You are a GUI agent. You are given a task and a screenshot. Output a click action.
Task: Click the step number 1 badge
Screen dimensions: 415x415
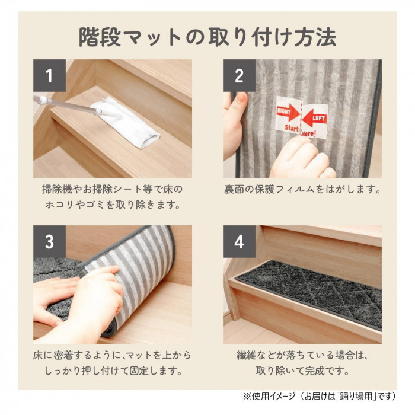tap(49, 75)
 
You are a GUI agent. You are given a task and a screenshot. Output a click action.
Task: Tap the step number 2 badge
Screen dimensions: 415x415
tap(239, 75)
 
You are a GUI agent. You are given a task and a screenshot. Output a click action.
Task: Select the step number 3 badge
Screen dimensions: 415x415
tap(49, 242)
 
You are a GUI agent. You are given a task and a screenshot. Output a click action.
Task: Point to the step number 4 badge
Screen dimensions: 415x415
tap(239, 242)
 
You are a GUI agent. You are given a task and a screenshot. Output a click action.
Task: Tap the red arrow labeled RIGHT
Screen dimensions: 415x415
tap(288, 113)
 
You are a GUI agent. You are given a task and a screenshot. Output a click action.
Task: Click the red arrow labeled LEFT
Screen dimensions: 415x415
tap(314, 119)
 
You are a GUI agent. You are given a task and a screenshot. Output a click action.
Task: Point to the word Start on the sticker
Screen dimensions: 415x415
tap(292, 128)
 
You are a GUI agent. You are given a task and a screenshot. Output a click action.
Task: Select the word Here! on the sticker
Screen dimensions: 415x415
tap(309, 133)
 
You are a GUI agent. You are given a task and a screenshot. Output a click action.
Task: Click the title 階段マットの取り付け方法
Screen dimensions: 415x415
tap(207, 37)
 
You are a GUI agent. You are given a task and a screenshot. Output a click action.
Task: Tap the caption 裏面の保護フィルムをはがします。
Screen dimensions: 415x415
tap(302, 190)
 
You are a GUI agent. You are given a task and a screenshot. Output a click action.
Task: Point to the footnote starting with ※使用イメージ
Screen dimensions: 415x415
tap(320, 396)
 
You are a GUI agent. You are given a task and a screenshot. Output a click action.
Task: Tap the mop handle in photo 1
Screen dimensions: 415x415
tap(67, 106)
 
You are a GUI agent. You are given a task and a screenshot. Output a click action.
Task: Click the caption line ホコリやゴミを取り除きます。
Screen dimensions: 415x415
tap(113, 205)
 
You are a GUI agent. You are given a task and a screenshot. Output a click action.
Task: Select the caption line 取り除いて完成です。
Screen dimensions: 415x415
tap(302, 371)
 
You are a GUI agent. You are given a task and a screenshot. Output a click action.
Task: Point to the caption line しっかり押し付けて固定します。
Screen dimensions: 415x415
tap(113, 371)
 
